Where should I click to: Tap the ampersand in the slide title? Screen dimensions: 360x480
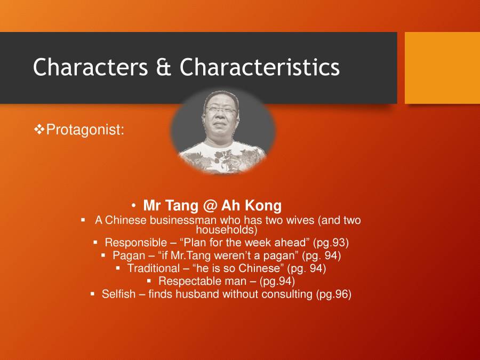tap(164, 68)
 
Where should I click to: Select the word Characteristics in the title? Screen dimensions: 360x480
tap(260, 68)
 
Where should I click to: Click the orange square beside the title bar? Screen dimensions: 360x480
tap(442, 68)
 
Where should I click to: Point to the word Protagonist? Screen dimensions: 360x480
tap(85, 130)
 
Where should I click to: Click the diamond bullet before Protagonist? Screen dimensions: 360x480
tap(39, 129)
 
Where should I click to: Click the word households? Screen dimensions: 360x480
tap(227, 230)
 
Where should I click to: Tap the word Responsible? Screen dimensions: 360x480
tap(135, 243)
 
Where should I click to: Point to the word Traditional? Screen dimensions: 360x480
tap(154, 268)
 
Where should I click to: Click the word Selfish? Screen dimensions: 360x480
tap(118, 294)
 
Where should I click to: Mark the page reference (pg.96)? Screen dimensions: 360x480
tap(333, 294)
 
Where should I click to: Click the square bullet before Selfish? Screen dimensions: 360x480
tap(92, 293)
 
